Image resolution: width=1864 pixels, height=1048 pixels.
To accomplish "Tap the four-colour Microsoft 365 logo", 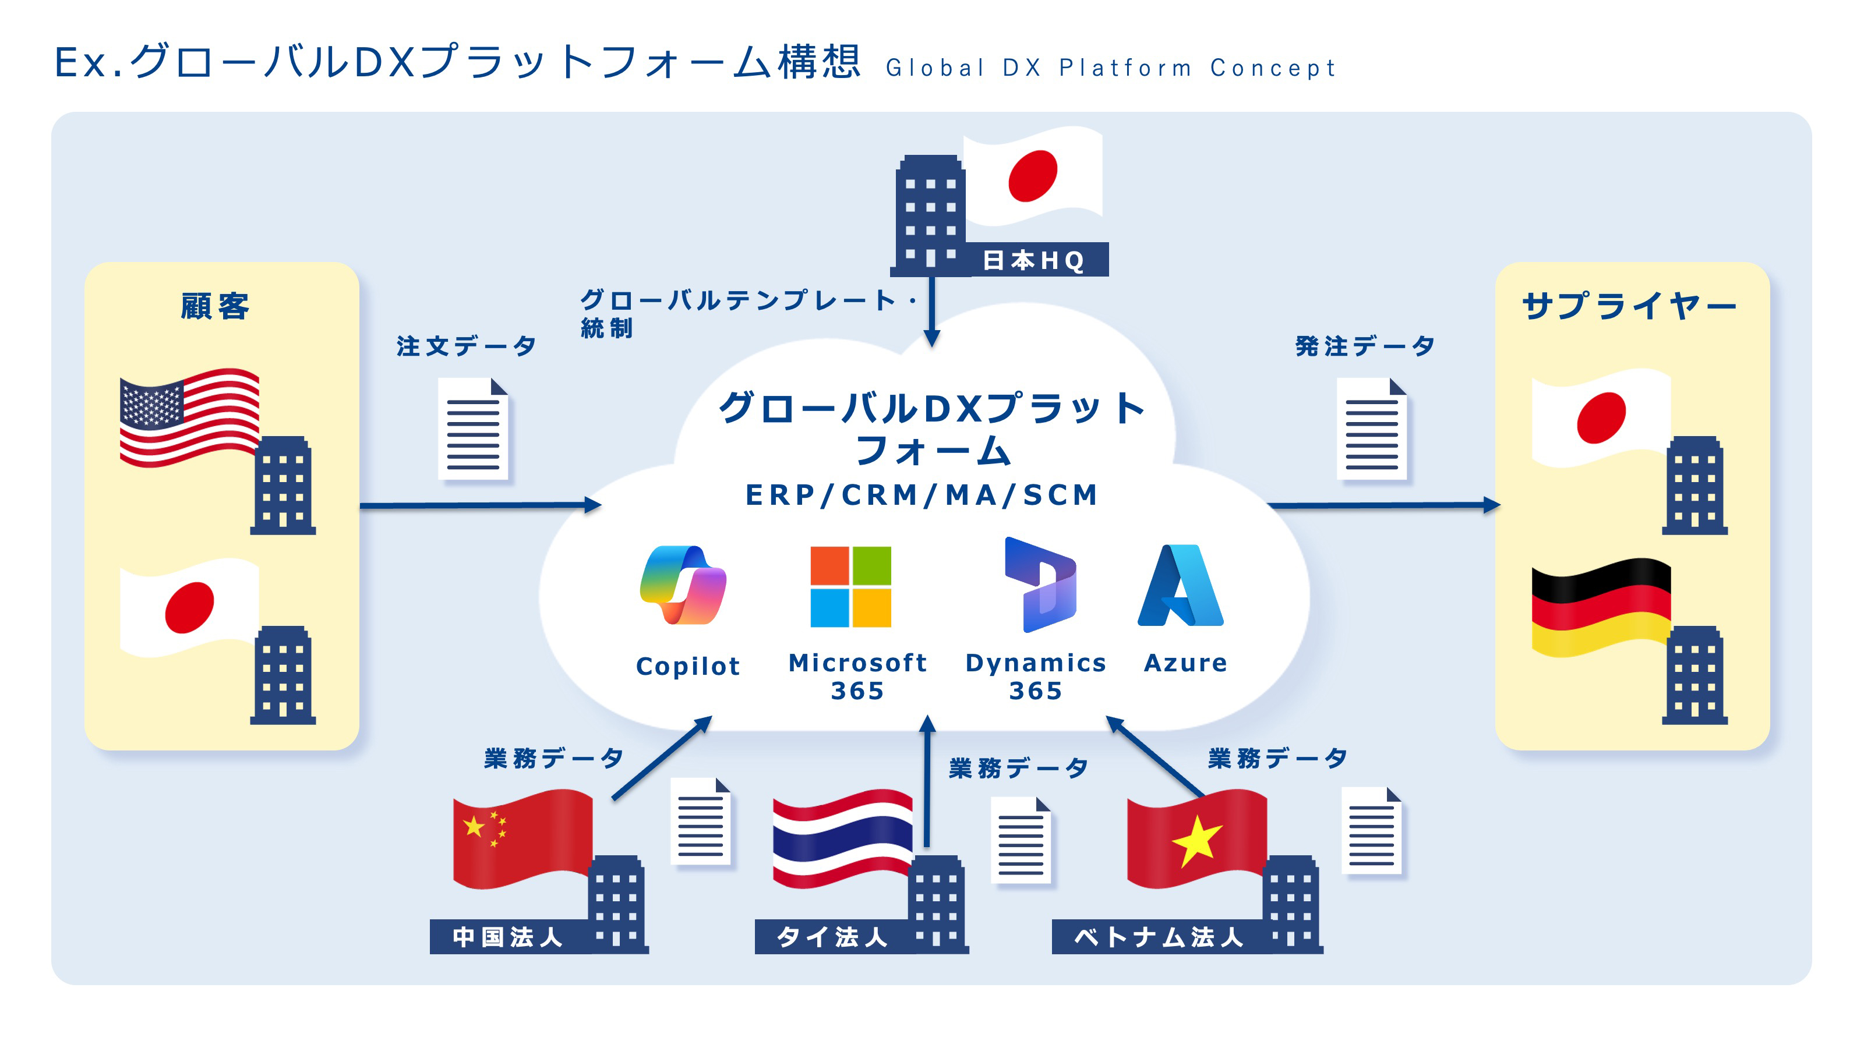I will coord(850,586).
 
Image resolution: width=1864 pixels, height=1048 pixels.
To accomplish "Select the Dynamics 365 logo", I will coord(1040,585).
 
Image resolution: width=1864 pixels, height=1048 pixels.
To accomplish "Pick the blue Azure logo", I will coord(1180,585).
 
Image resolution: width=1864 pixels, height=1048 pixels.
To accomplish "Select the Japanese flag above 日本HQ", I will coord(1033,175).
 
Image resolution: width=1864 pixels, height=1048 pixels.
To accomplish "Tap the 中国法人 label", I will coord(507,937).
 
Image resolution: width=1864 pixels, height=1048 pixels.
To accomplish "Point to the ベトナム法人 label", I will coord(1158,937).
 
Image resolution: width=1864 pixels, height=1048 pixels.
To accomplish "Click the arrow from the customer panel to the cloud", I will coord(481,505).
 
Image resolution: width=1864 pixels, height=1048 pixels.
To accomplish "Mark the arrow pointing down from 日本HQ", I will coord(932,311).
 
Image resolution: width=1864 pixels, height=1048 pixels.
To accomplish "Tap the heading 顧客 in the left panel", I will coord(215,306).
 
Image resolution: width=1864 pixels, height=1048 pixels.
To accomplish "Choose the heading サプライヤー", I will coord(1629,306).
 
